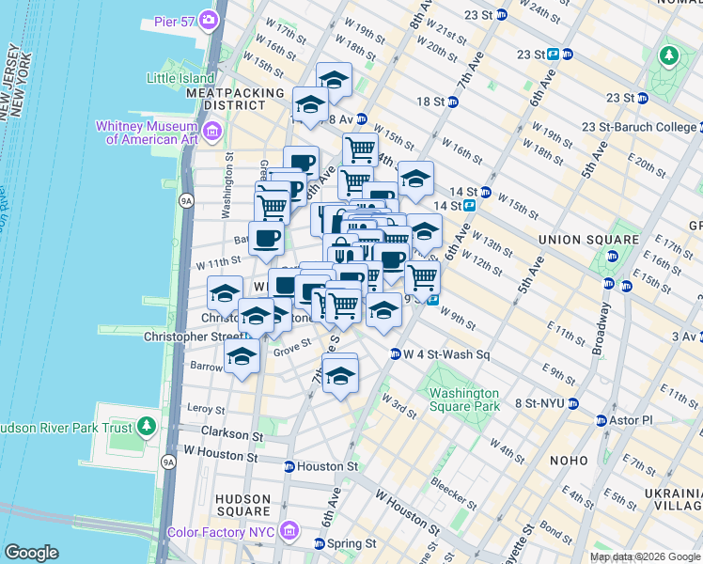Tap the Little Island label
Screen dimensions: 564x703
pos(181,78)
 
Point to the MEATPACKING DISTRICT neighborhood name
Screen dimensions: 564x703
pos(234,100)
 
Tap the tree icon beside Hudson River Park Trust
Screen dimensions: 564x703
pos(145,427)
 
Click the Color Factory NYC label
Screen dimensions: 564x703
pos(222,532)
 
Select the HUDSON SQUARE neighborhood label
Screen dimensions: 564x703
pos(243,507)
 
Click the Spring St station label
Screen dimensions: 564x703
pos(352,543)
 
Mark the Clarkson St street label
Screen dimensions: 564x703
pos(231,436)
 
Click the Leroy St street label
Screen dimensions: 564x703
pos(206,410)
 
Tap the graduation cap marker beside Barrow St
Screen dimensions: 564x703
pos(242,358)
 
